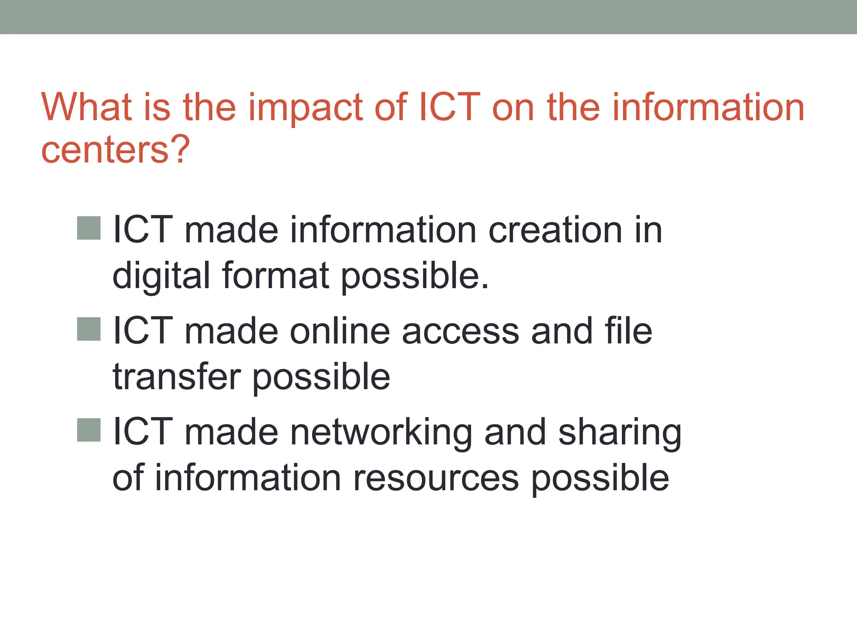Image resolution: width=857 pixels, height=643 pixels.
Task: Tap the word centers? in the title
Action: click(115, 149)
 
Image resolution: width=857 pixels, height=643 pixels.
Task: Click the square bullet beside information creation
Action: click(89, 228)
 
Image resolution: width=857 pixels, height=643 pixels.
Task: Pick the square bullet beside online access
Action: click(89, 329)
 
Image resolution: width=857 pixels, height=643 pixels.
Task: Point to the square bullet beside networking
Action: click(89, 430)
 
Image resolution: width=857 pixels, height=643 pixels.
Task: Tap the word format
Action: click(276, 275)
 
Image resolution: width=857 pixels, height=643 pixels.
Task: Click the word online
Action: click(340, 331)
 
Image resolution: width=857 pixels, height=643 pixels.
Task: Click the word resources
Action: click(436, 478)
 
